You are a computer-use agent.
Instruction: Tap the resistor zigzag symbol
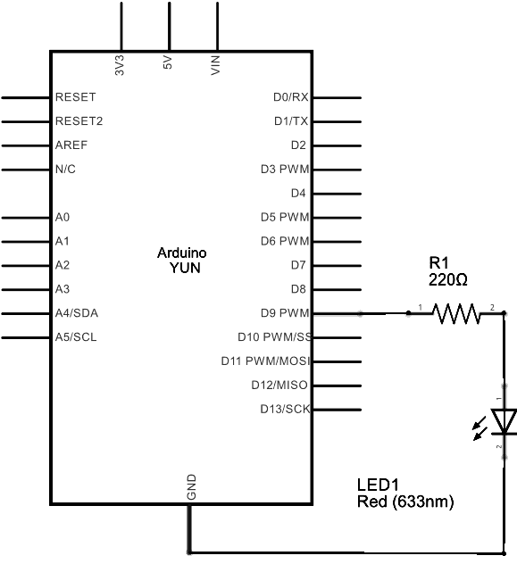456,313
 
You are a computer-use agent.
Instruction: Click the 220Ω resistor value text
448,279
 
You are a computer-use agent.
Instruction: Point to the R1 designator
438,263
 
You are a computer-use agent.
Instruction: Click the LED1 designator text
376,485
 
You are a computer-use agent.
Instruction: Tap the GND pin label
191,487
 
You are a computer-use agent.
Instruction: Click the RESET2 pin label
79,120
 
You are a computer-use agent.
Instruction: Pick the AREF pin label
71,145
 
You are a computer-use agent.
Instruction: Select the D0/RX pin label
290,96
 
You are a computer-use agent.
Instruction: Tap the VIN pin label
215,66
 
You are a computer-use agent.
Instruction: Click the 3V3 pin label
120,66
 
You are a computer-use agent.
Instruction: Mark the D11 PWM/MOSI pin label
265,361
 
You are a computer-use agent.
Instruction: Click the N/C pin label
65,169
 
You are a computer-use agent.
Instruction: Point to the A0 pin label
63,217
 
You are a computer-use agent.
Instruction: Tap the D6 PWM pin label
285,241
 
